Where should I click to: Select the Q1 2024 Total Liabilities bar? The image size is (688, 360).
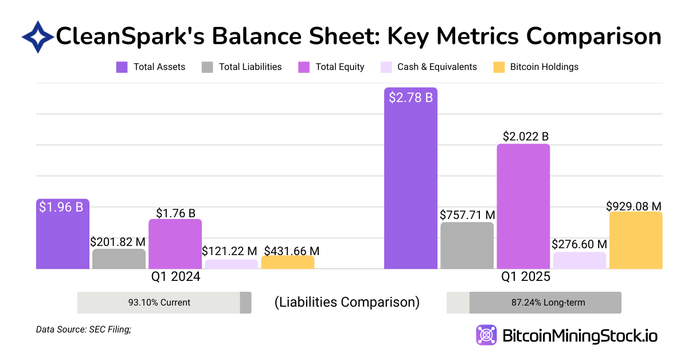119,259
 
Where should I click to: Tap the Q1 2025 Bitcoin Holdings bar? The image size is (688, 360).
636,241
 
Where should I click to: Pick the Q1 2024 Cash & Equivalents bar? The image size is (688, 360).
231,264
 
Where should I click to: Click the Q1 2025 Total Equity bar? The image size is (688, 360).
523,206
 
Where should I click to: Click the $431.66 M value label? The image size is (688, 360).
291,251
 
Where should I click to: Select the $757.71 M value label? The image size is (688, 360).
467,215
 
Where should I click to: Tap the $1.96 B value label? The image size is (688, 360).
61,207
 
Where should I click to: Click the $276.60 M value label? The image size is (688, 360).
579,244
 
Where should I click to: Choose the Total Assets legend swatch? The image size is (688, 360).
122,67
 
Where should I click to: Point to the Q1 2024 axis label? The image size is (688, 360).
175,277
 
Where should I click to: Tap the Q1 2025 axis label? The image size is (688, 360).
526,277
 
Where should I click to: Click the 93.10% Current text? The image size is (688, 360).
159,302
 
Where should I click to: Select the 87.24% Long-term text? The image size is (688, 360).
545,302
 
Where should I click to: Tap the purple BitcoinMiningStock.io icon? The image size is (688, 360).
486,335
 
